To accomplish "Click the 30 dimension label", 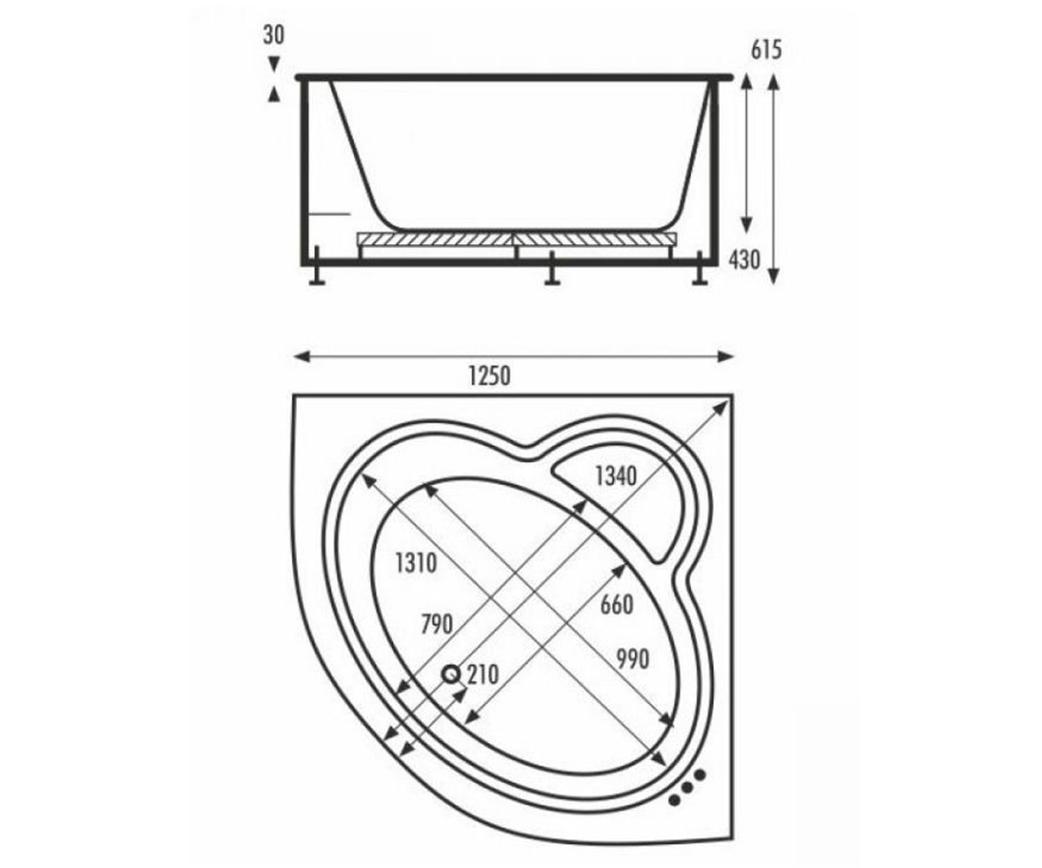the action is click(x=274, y=35).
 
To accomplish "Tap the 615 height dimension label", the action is click(x=766, y=49).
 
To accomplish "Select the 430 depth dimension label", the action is click(x=744, y=260).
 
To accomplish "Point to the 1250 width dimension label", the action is click(x=490, y=376).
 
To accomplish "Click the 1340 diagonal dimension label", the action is click(x=617, y=477).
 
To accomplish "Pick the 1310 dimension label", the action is click(x=416, y=563).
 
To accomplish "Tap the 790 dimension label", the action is click(x=437, y=625).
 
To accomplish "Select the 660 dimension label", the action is click(x=617, y=605).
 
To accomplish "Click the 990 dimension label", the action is click(x=633, y=660).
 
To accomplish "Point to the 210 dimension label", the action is click(x=483, y=675).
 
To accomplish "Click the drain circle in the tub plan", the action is click(x=452, y=674).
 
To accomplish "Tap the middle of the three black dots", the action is click(x=687, y=787).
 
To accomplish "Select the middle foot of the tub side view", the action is click(x=552, y=268).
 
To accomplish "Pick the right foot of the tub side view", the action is click(x=700, y=268).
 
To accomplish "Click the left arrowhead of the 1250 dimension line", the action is click(x=302, y=356).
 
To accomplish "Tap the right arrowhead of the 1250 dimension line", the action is click(x=725, y=356).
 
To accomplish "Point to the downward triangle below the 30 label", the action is click(x=274, y=63).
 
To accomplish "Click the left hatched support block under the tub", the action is click(x=435, y=239).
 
